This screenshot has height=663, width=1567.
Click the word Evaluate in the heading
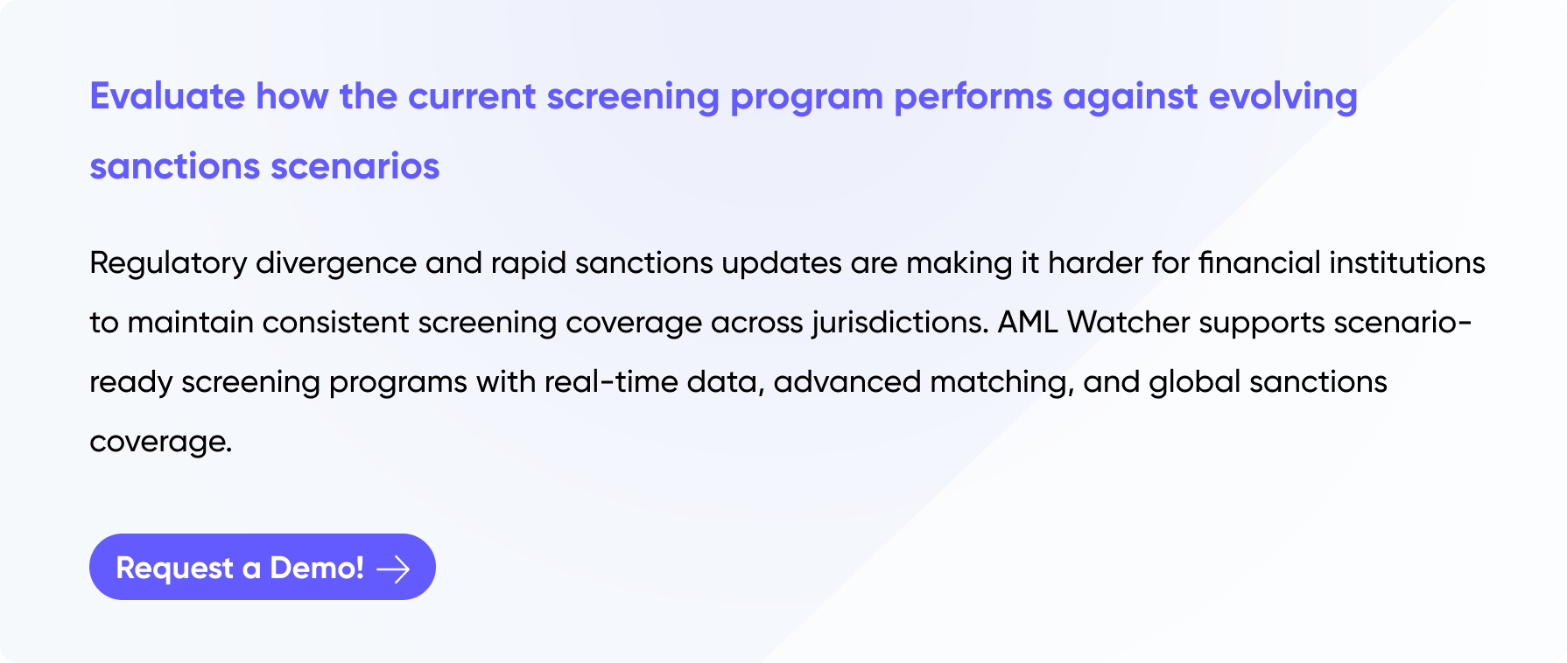pos(167,96)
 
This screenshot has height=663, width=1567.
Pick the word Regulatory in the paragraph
pos(168,264)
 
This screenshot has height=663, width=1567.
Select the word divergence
pos(336,264)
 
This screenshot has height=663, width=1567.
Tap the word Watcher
pos(1128,322)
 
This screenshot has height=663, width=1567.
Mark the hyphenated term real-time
pos(611,381)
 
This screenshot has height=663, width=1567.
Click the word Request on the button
pos(175,569)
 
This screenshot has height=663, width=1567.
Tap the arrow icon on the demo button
pos(393,569)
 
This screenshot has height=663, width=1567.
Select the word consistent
pos(335,322)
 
